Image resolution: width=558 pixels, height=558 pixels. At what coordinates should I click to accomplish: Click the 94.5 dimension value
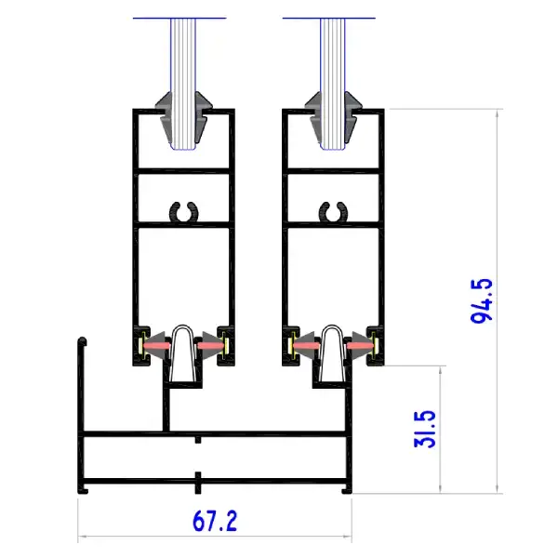482,300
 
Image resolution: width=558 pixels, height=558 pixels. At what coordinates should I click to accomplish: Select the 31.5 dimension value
425,429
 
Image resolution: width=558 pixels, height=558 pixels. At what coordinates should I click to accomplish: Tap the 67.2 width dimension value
215,521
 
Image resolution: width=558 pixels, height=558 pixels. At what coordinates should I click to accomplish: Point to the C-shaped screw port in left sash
183,212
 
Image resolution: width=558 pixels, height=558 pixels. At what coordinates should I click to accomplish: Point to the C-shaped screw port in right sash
333,212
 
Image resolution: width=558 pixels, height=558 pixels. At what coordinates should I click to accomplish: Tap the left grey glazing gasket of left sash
164,117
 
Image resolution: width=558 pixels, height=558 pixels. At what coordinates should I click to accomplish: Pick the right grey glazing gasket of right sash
352,117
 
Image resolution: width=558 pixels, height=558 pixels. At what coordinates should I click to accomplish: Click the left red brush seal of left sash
156,345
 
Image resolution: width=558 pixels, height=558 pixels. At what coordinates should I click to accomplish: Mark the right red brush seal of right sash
361,345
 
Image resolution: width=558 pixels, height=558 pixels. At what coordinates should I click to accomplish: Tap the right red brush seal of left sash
211,345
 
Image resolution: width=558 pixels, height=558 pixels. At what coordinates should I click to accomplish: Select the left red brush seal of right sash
306,345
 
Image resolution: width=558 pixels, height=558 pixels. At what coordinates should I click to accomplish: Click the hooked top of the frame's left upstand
82,341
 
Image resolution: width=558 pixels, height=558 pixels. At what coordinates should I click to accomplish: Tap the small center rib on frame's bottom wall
198,483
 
